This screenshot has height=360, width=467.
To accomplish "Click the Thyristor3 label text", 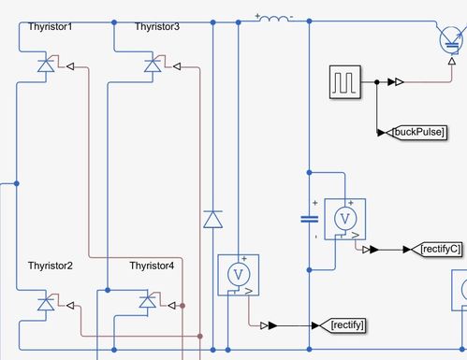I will coord(156,27).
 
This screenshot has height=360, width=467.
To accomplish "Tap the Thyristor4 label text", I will coord(152,266).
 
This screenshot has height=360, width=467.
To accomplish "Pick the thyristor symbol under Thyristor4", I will coord(148,302).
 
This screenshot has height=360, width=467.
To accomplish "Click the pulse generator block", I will coord(344,82).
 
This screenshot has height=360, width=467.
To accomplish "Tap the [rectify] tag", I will coord(348,325).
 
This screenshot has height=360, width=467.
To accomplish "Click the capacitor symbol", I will coord(309,220).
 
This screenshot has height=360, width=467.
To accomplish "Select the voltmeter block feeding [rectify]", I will coord(238,274).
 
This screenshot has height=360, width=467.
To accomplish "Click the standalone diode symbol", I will coord(212,220).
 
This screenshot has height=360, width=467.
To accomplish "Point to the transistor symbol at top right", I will coord(451,39).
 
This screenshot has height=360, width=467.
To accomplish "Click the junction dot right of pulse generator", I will coord(376,82).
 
